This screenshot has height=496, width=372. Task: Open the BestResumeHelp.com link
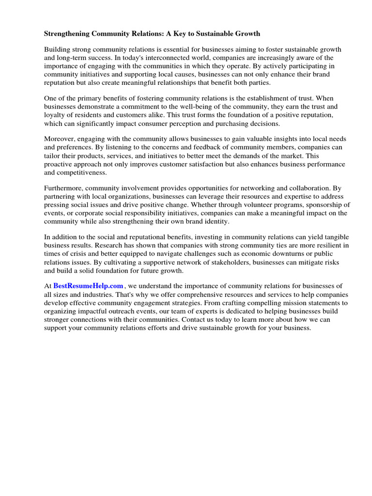click(88, 286)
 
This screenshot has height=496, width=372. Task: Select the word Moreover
click(60, 139)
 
